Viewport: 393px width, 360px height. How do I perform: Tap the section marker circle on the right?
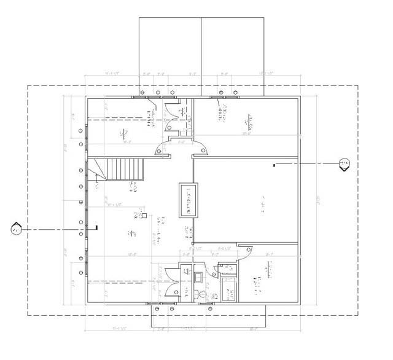tap(344, 163)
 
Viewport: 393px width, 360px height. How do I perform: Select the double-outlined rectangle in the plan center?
tap(188, 200)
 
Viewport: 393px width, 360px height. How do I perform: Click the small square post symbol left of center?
tap(144, 215)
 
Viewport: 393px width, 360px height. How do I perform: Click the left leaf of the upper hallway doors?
tap(163, 147)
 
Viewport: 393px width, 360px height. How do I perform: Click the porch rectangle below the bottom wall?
tap(209, 316)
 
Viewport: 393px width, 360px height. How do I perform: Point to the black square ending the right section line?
tap(274, 164)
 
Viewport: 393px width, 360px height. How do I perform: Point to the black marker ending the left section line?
tap(96, 229)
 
